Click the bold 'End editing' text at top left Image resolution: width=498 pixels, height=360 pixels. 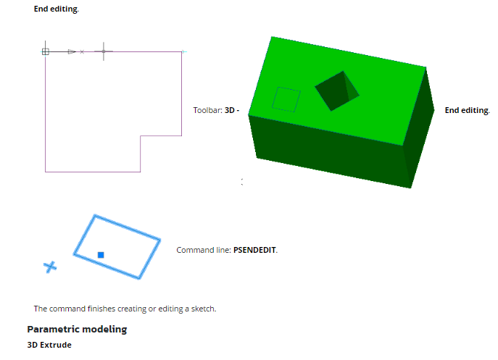[57, 9]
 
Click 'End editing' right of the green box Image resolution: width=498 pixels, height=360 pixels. [467, 110]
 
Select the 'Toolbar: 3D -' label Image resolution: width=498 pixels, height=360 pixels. [216, 110]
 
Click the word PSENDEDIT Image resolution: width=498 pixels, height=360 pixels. [254, 250]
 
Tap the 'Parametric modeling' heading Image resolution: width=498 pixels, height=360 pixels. [77, 329]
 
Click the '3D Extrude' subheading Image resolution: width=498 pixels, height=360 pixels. [49, 345]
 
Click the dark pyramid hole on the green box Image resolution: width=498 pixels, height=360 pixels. [336, 90]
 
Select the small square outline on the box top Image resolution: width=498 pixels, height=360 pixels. [286, 99]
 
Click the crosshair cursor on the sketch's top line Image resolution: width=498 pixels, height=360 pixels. [104, 51]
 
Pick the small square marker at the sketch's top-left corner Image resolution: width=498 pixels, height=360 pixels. [46, 51]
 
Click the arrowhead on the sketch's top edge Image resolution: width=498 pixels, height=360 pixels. [71, 51]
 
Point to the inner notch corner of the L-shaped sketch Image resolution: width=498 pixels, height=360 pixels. [141, 135]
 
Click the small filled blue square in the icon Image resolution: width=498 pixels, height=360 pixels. [101, 254]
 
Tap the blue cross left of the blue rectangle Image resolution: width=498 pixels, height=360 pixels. [49, 267]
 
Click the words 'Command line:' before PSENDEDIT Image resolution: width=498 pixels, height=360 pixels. [203, 250]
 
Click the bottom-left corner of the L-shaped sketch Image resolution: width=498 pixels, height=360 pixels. [46, 172]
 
